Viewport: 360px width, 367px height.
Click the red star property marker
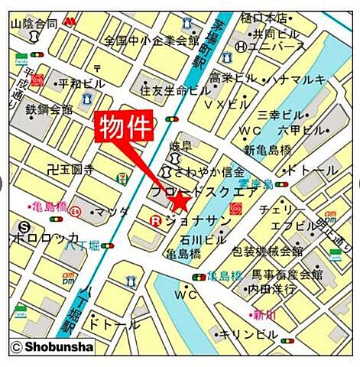tap(180, 203)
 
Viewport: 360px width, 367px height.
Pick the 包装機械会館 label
tap(268, 251)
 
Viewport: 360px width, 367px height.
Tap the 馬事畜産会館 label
tap(287, 274)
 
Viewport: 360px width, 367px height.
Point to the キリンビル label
tap(249, 335)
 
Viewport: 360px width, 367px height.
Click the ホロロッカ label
tap(46, 238)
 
